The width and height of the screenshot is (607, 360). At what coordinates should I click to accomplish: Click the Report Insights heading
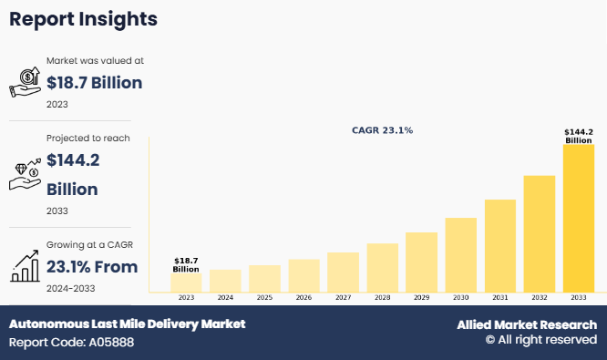click(x=84, y=18)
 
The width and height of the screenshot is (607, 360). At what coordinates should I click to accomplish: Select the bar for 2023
click(x=186, y=282)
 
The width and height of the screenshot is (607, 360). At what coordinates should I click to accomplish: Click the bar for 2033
click(x=579, y=218)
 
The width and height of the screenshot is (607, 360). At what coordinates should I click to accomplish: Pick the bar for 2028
click(x=383, y=266)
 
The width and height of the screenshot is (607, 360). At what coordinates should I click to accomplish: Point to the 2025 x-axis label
click(x=264, y=297)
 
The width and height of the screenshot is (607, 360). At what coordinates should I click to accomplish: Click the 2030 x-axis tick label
click(x=461, y=297)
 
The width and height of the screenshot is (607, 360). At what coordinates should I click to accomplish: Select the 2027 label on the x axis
click(x=343, y=297)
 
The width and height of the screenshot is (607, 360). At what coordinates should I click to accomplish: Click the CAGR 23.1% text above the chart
click(x=382, y=130)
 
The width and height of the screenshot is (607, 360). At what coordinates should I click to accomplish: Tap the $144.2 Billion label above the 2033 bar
click(x=579, y=136)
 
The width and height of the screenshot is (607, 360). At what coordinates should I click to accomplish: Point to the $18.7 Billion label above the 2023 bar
click(x=186, y=264)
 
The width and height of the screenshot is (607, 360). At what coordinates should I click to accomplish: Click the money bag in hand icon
click(x=25, y=82)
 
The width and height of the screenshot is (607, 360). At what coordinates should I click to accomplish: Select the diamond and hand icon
click(x=25, y=174)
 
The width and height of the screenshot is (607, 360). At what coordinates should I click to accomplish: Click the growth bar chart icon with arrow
click(x=25, y=266)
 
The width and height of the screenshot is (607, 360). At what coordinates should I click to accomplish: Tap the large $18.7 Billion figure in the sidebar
click(x=95, y=83)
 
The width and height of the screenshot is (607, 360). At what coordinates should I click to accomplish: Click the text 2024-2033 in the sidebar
click(x=71, y=288)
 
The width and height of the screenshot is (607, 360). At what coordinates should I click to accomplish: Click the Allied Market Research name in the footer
click(x=527, y=324)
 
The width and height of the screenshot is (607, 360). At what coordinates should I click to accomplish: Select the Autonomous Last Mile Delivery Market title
click(x=127, y=324)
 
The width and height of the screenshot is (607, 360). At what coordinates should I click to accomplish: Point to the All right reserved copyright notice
click(x=540, y=340)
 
